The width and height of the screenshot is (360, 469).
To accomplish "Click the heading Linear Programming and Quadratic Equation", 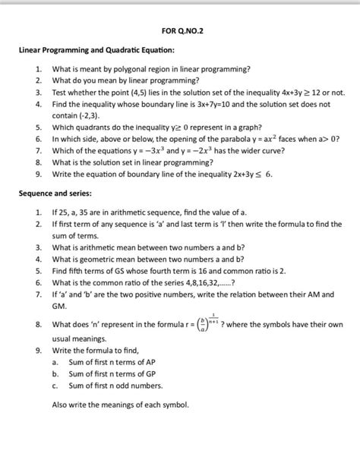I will tap(96, 50).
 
